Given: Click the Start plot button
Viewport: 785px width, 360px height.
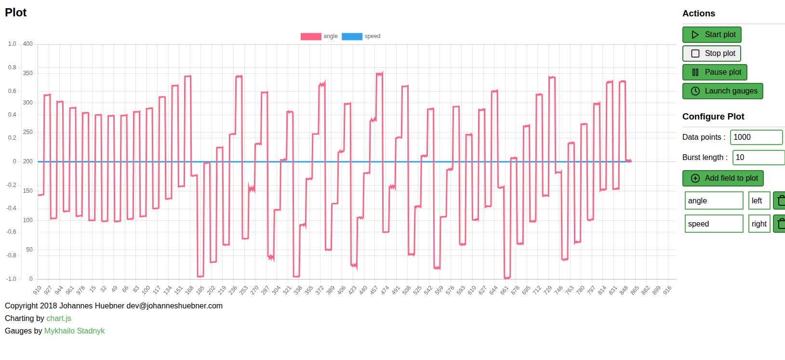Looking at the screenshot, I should (711, 35).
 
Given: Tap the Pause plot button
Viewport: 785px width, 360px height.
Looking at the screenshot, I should (715, 72).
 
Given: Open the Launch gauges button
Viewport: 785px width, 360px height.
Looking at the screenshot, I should (722, 91).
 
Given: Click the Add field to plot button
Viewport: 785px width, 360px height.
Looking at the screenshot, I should (722, 178).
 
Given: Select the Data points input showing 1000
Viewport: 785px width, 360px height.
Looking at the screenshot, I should (756, 137).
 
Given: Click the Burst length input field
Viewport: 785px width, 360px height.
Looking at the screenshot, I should (758, 158).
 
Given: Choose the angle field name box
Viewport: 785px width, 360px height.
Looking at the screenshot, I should (714, 201).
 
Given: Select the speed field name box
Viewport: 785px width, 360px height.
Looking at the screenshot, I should (714, 224).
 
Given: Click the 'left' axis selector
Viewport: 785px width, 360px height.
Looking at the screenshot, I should (759, 201).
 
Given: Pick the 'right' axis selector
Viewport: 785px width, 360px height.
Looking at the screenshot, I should (759, 224).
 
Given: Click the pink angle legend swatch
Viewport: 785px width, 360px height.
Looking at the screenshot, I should (311, 37).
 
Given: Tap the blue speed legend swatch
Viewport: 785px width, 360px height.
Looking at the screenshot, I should (352, 37).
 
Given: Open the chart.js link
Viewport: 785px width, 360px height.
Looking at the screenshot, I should (59, 319).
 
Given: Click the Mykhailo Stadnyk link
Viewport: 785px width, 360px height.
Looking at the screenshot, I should (74, 331).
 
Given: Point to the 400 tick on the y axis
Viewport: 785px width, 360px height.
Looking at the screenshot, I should (28, 44).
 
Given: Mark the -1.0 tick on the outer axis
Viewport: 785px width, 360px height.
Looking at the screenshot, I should (11, 279).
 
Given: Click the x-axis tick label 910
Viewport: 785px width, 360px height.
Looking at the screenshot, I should (37, 290).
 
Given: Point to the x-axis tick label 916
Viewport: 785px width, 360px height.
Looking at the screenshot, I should (667, 290).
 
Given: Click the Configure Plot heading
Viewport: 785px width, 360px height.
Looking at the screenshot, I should (713, 117).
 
